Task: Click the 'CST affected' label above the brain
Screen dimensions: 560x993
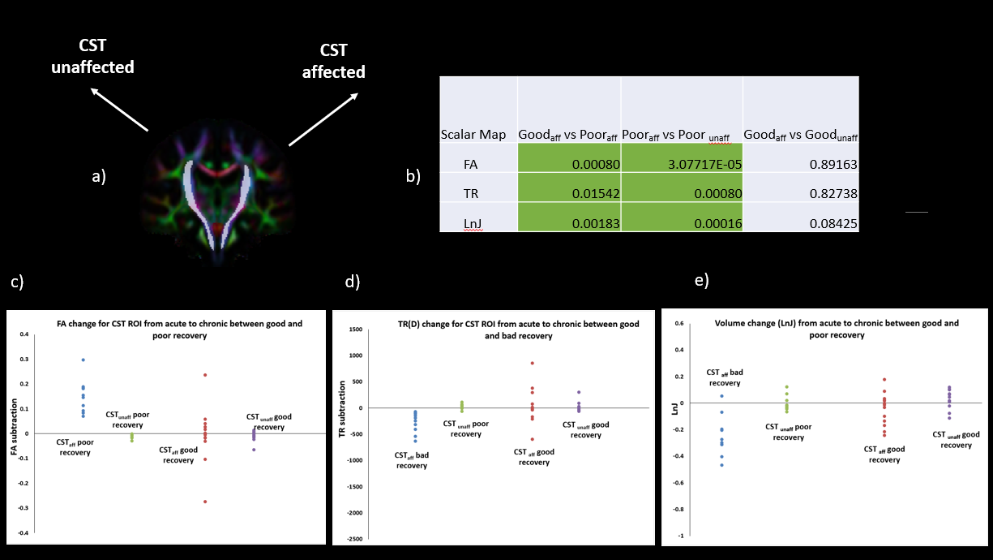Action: (333, 61)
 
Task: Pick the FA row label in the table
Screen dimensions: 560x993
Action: (470, 164)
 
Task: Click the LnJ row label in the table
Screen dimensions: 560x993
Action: (473, 224)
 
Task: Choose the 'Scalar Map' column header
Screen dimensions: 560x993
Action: (473, 135)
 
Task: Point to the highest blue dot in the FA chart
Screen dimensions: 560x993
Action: (83, 360)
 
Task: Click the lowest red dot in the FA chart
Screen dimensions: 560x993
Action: (205, 502)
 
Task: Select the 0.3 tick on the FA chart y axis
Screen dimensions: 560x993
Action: (24, 359)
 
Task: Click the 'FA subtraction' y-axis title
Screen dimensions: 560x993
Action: (14, 433)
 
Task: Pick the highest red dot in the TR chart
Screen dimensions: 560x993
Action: (533, 363)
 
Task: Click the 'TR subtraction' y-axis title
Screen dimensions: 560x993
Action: (342, 408)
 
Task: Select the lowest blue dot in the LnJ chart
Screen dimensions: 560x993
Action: (722, 465)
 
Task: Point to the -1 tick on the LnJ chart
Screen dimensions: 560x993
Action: (680, 536)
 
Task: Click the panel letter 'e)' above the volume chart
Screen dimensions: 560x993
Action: (701, 281)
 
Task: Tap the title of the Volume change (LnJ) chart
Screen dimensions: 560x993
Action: (837, 328)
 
